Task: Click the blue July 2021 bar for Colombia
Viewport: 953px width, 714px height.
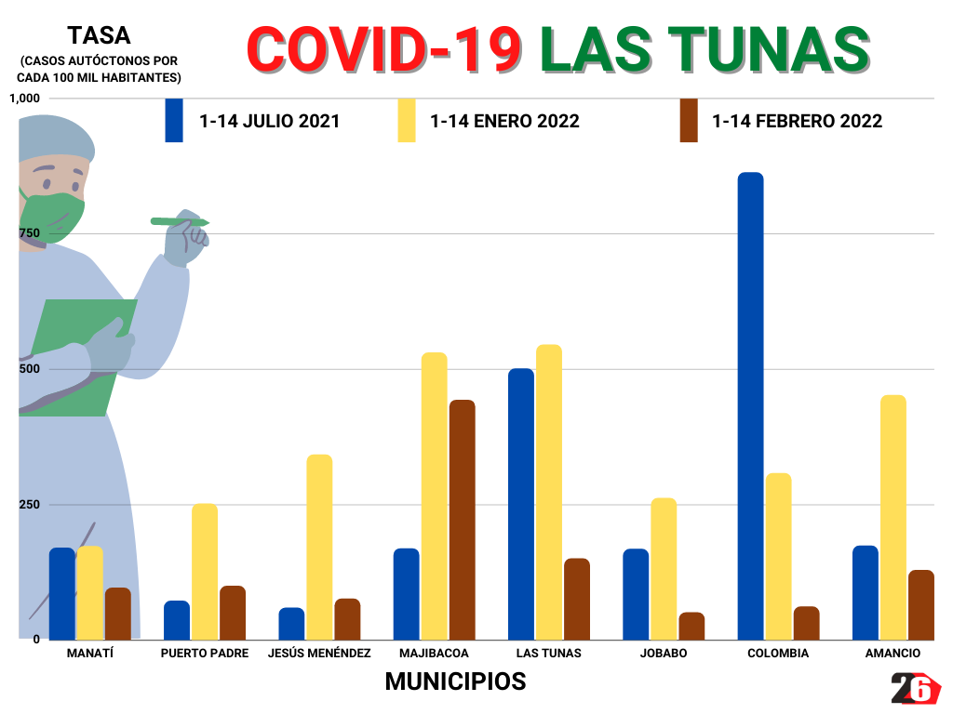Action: [x=750, y=405]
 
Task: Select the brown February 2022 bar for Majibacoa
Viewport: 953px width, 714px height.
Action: [x=462, y=519]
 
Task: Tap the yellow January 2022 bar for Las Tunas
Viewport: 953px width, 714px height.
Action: [x=549, y=491]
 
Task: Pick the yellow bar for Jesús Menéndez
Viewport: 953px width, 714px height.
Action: [x=319, y=546]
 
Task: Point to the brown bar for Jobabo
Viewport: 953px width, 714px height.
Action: [x=691, y=626]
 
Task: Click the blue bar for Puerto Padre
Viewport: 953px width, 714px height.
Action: [x=177, y=619]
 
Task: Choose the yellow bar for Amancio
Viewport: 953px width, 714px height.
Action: [x=893, y=516]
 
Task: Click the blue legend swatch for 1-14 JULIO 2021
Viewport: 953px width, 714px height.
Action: [x=174, y=121]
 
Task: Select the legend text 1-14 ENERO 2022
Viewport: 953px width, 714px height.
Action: [x=504, y=122]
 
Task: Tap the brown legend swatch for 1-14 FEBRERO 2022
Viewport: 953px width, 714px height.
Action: [x=689, y=121]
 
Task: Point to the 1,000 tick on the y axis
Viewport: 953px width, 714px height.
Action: [x=25, y=99]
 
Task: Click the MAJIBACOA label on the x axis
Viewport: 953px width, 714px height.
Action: [x=434, y=653]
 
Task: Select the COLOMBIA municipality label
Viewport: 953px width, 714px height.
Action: [x=778, y=653]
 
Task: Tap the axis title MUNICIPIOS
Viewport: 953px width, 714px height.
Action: [x=455, y=681]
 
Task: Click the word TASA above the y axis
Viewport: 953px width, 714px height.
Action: [x=99, y=36]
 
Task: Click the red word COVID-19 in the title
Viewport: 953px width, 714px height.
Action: [x=383, y=49]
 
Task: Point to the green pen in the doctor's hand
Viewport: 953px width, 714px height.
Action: [x=180, y=222]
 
